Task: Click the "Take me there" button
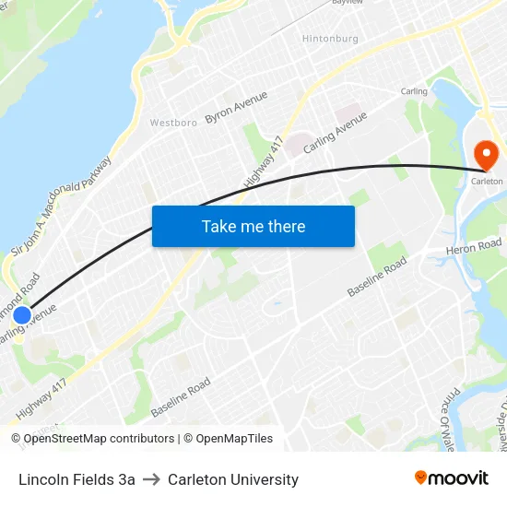click(253, 226)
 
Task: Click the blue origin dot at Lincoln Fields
click(22, 315)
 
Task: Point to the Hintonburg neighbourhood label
click(331, 39)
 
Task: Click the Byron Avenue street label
click(236, 107)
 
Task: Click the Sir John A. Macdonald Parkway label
click(61, 206)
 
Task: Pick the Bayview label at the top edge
click(348, 3)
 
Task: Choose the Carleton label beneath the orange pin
click(487, 182)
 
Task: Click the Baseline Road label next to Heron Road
click(377, 277)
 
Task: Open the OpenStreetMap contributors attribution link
click(99, 439)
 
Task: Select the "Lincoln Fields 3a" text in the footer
click(77, 479)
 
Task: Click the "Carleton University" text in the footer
click(233, 479)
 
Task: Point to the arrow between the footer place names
click(151, 479)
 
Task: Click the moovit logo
click(451, 478)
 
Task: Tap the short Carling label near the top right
click(414, 91)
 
